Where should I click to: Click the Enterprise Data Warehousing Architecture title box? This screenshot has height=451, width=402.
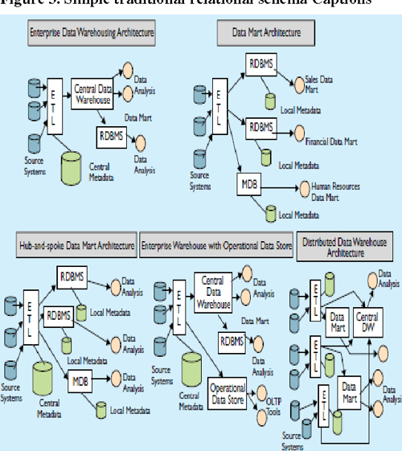click(x=90, y=35)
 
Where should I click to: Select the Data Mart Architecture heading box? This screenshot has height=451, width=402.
click(x=268, y=35)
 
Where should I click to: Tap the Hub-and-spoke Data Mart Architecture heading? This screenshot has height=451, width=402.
click(x=76, y=244)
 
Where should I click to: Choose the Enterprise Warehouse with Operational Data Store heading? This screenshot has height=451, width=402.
click(x=216, y=244)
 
